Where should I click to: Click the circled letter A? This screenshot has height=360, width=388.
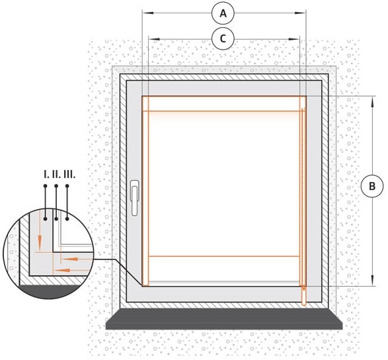pos(223,13)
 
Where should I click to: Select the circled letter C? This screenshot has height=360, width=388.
pos(223,38)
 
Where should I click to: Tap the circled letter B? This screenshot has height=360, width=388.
pos(372,186)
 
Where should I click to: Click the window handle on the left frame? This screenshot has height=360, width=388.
pos(134,198)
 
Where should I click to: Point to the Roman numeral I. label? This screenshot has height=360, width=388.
pos(46,175)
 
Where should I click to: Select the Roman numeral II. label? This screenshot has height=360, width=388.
pos(56,175)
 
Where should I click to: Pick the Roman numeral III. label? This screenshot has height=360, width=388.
pos(69,175)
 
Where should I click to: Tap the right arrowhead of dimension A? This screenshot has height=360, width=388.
pos(300,13)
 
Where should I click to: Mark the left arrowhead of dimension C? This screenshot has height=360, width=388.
pos(155,39)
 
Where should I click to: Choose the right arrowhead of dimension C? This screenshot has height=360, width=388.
pos(294,39)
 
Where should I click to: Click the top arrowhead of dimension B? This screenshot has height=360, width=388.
pos(372,102)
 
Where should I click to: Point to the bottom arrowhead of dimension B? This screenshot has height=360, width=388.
pos(372,280)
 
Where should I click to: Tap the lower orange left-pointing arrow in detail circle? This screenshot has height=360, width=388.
pos(71,270)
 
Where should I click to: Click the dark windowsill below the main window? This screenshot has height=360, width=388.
pos(224,319)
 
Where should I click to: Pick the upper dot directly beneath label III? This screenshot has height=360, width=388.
pos(67,186)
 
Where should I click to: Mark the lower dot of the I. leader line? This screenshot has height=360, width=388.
pos(45,219)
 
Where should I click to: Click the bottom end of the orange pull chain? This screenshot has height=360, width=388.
pos(303,304)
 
